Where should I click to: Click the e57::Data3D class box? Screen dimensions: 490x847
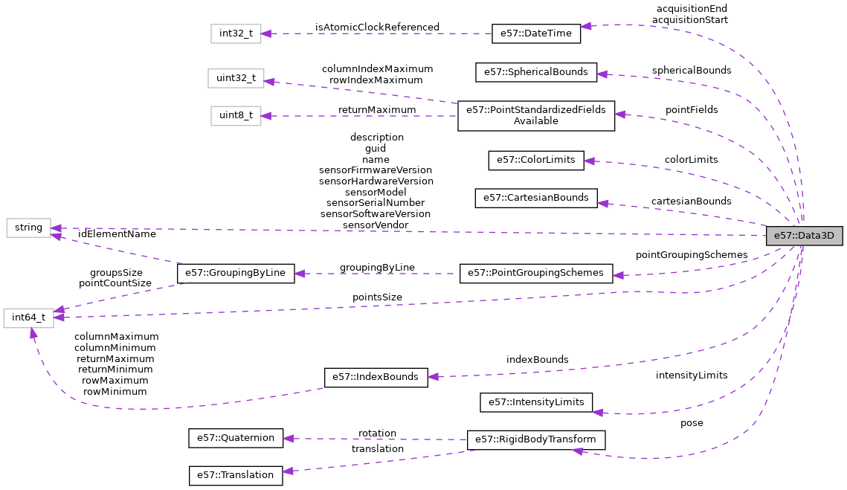pyautogui.click(x=804, y=236)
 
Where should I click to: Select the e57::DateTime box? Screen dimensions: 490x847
pyautogui.click(x=535, y=33)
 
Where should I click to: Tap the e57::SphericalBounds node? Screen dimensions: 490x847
pyautogui.click(x=535, y=72)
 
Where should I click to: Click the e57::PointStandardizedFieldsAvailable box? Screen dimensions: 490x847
pyautogui.click(x=535, y=115)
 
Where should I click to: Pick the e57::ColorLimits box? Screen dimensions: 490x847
pyautogui.click(x=535, y=160)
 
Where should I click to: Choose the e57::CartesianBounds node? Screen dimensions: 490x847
pyautogui.click(x=535, y=198)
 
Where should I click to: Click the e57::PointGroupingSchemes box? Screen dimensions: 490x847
pyautogui.click(x=535, y=273)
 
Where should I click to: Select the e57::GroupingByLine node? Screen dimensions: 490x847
pyautogui.click(x=236, y=273)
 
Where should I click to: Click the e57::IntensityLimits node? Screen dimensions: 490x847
pyautogui.click(x=535, y=403)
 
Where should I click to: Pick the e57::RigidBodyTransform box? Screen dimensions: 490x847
pyautogui.click(x=535, y=439)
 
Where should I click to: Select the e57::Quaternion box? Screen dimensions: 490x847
pyautogui.click(x=236, y=438)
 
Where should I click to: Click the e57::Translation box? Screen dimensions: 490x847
pyautogui.click(x=236, y=474)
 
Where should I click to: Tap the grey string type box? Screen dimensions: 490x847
pyautogui.click(x=28, y=228)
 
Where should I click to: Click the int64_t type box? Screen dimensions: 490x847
pyautogui.click(x=28, y=317)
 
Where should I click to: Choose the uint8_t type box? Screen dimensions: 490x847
pyautogui.click(x=236, y=115)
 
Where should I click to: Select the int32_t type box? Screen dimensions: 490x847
pyautogui.click(x=236, y=33)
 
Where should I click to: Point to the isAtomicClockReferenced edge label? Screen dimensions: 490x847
pyautogui.click(x=377, y=28)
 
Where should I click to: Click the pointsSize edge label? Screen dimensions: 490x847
pyautogui.click(x=377, y=297)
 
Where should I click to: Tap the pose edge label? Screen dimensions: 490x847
pyautogui.click(x=691, y=423)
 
